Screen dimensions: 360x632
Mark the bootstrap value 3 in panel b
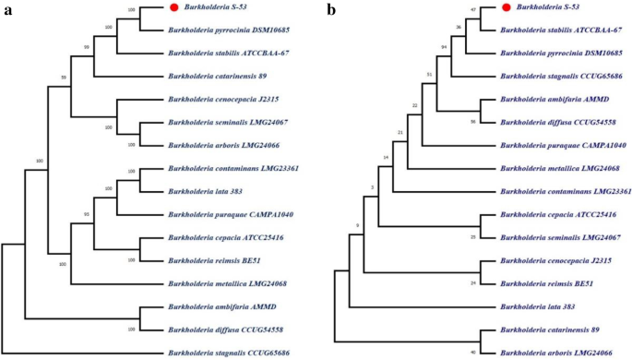[372, 189]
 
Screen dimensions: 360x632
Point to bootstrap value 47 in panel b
[472, 8]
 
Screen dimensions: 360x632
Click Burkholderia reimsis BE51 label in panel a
[211, 260]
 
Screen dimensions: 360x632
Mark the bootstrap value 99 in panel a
[87, 46]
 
